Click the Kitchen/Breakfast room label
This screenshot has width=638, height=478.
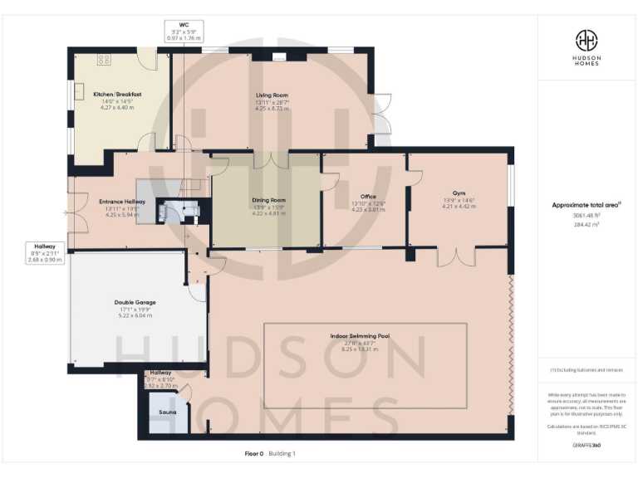pos(117,95)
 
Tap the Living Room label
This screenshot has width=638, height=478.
pos(272,95)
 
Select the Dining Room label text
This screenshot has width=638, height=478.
pos(268,200)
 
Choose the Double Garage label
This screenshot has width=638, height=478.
pos(135,303)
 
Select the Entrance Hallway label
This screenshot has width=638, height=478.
pos(122,202)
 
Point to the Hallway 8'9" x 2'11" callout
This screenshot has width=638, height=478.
pos(45,252)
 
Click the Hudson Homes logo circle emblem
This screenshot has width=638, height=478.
pos(586,41)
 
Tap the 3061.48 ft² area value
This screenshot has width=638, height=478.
pos(586,216)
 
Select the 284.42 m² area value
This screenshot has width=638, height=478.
pos(586,223)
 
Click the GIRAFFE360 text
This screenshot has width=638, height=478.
pos(586,446)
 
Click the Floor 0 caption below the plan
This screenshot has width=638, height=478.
pos(253,453)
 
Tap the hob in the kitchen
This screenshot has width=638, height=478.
pos(105,59)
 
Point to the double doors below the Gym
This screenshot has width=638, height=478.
pos(455,256)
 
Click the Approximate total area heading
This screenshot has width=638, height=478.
pos(586,204)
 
